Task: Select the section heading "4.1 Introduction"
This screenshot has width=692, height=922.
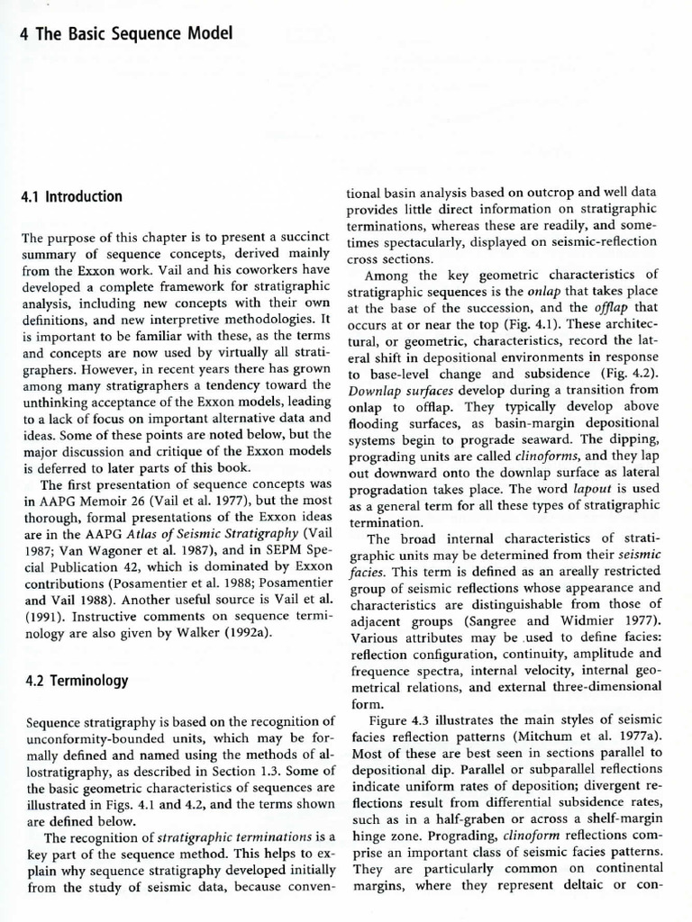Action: [x=71, y=196]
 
